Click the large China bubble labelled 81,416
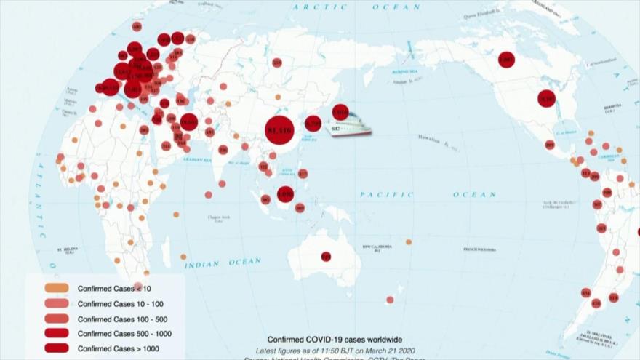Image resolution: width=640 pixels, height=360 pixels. tap(279, 131)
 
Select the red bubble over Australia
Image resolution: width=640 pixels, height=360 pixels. tap(326, 256)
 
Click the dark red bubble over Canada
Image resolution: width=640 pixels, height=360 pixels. tap(506, 60)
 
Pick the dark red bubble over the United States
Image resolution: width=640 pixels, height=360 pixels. tap(546, 98)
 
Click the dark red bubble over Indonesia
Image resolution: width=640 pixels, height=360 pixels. tap(285, 193)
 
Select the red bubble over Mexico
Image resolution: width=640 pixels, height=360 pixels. tap(549, 145)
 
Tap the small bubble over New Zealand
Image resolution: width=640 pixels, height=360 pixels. tap(390, 300)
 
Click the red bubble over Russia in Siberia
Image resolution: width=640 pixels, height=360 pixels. tap(277, 63)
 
